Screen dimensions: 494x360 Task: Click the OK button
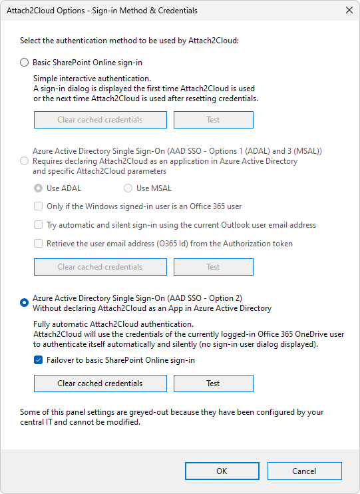point(222,471)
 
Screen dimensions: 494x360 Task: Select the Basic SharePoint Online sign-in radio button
point(25,63)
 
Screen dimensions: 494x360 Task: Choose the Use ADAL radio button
point(38,188)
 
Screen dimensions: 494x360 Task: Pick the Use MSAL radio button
point(128,188)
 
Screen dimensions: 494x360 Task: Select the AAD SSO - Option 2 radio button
point(25,303)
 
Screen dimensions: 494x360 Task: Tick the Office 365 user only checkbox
point(39,206)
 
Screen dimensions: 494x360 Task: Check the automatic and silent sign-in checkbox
point(39,225)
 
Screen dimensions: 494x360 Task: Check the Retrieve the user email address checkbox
point(39,244)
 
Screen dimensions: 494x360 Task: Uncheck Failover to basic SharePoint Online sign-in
point(39,360)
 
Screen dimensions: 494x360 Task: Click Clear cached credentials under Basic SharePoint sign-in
point(100,120)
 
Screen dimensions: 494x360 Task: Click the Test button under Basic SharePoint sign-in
point(213,120)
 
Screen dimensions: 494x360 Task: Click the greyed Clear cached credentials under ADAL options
point(100,267)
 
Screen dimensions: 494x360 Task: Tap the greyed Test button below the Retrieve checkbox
point(213,267)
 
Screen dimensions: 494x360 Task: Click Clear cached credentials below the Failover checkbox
point(100,383)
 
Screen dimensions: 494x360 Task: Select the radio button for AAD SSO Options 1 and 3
point(25,161)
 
